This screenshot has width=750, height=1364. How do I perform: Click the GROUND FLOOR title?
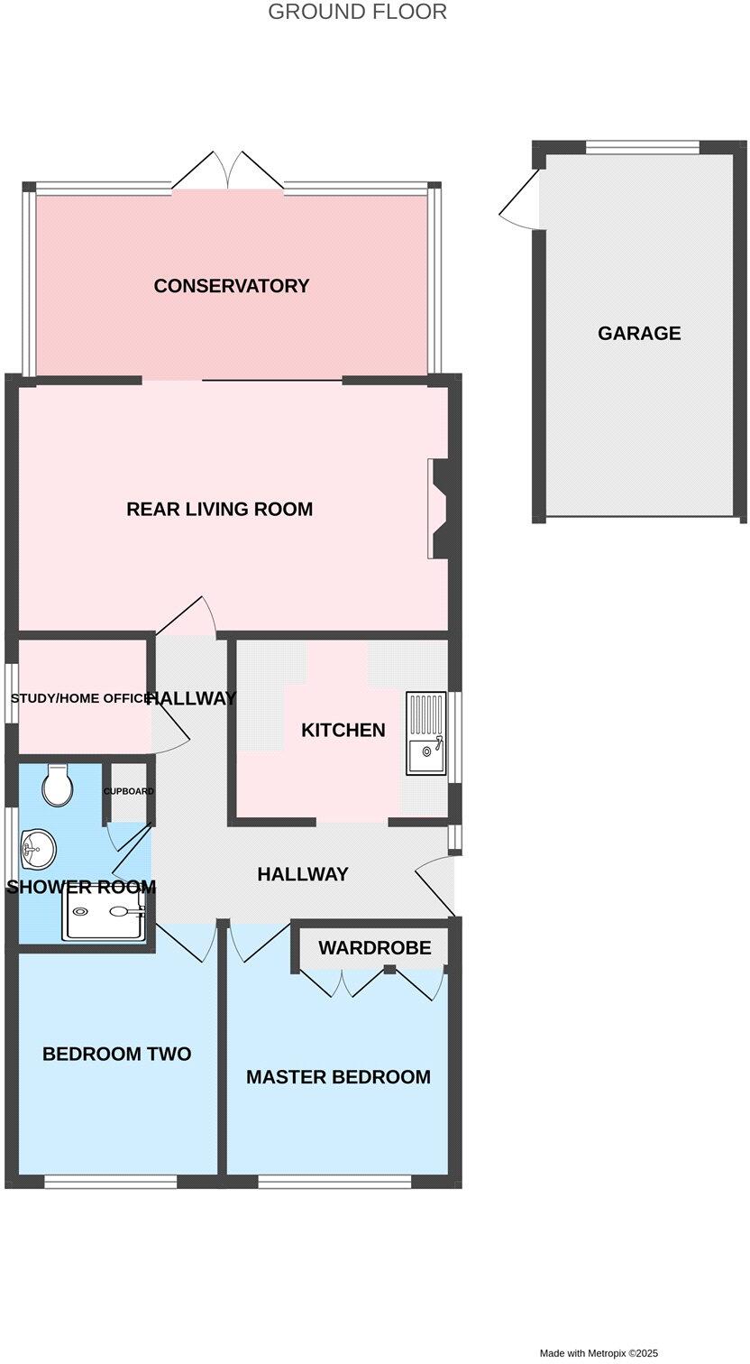point(358,12)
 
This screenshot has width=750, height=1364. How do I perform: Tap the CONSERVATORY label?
point(232,286)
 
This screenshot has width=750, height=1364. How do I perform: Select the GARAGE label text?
point(639,334)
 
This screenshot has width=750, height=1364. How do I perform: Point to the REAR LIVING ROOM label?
point(220,509)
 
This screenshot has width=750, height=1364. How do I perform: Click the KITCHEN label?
point(343,730)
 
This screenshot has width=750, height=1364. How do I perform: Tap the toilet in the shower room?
point(58,786)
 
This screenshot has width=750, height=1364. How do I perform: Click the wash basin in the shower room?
point(39,846)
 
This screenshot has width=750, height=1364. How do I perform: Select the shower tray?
point(103,912)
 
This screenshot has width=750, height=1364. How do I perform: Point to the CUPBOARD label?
point(128,791)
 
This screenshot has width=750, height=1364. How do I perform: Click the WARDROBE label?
point(374,948)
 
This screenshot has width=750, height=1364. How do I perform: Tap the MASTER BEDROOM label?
point(338,1077)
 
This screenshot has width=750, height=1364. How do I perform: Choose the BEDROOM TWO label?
point(117,1054)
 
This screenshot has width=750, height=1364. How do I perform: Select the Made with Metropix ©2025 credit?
point(599,1353)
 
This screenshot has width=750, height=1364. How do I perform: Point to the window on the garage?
point(643,146)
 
